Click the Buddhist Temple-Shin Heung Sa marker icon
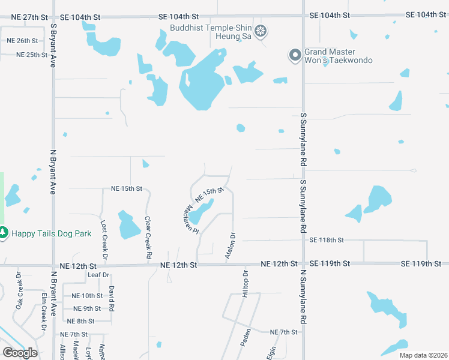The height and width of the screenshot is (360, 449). (261, 31)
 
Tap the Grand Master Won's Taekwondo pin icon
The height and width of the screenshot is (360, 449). (295, 56)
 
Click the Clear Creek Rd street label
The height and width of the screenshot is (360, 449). (148, 233)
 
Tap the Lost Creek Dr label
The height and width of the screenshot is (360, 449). (104, 239)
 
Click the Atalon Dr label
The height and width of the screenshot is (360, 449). (231, 246)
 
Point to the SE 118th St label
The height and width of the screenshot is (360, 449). (327, 240)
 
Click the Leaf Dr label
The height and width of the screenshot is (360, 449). (98, 275)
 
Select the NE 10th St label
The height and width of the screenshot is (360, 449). (87, 296)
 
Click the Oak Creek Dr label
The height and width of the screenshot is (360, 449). (19, 290)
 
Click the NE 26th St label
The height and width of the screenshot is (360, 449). (22, 41)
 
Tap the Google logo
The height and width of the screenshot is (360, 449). (20, 352)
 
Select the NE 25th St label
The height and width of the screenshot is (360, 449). (32, 55)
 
